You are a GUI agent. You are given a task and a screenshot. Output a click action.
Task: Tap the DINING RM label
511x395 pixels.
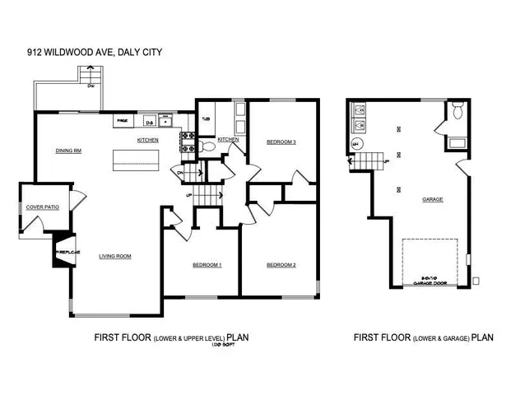[x=68, y=151]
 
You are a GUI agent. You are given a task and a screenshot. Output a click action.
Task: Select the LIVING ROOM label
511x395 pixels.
[x=115, y=256]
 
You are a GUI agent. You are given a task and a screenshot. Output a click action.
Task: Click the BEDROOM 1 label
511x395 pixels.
[x=207, y=264]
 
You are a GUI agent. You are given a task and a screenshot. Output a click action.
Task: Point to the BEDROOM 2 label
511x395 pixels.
[x=281, y=264]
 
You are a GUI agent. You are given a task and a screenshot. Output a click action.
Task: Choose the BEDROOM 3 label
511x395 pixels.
[x=281, y=142]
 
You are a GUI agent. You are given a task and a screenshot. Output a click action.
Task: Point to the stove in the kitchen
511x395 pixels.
[x=186, y=149]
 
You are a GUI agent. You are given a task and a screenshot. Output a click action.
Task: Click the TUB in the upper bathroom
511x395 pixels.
[x=206, y=118]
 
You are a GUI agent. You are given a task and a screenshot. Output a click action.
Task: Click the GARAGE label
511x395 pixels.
[x=432, y=199]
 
